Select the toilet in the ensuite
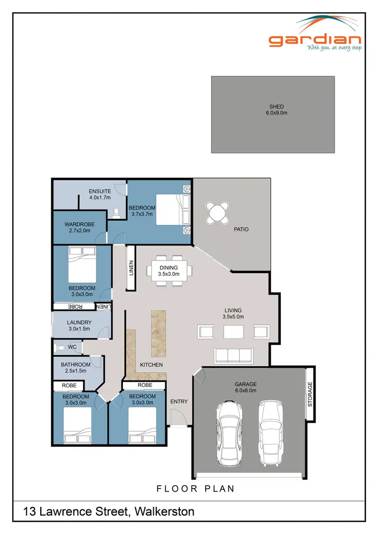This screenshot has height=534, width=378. point(116,213)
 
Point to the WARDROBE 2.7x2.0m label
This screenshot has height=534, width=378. point(77,228)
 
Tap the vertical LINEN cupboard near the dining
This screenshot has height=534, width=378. point(131,267)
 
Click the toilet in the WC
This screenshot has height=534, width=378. point(61,348)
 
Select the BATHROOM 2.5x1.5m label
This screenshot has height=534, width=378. point(76,368)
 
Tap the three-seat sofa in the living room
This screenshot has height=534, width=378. point(235,355)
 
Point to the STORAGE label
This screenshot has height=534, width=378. point(310,394)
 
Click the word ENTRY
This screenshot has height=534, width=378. point(179,402)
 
